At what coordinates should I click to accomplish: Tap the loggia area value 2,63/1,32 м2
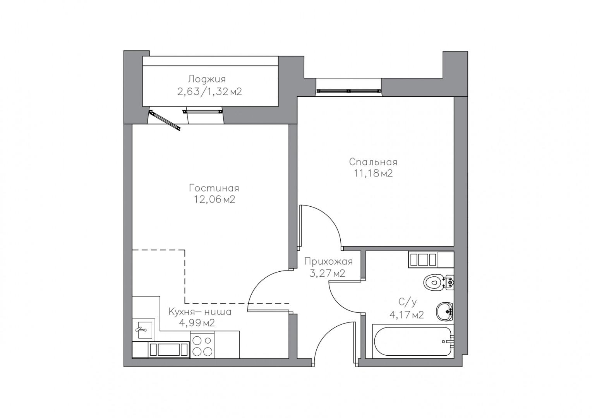pyautogui.click(x=209, y=92)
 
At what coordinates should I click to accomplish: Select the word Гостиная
pyautogui.click(x=214, y=188)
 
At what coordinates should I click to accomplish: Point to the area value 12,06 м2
pyautogui.click(x=214, y=199)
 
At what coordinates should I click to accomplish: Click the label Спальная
pyautogui.click(x=373, y=162)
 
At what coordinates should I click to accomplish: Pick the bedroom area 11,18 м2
pyautogui.click(x=373, y=174)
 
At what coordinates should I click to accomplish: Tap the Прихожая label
pyautogui.click(x=328, y=262)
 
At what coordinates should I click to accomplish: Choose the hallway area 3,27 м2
pyautogui.click(x=327, y=274)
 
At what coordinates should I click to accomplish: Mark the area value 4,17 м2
pyautogui.click(x=407, y=315)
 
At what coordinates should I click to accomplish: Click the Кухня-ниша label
pyautogui.click(x=200, y=312)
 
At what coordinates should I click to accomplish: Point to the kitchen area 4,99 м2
pyautogui.click(x=197, y=323)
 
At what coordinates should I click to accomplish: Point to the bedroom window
pyautogui.click(x=349, y=91)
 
